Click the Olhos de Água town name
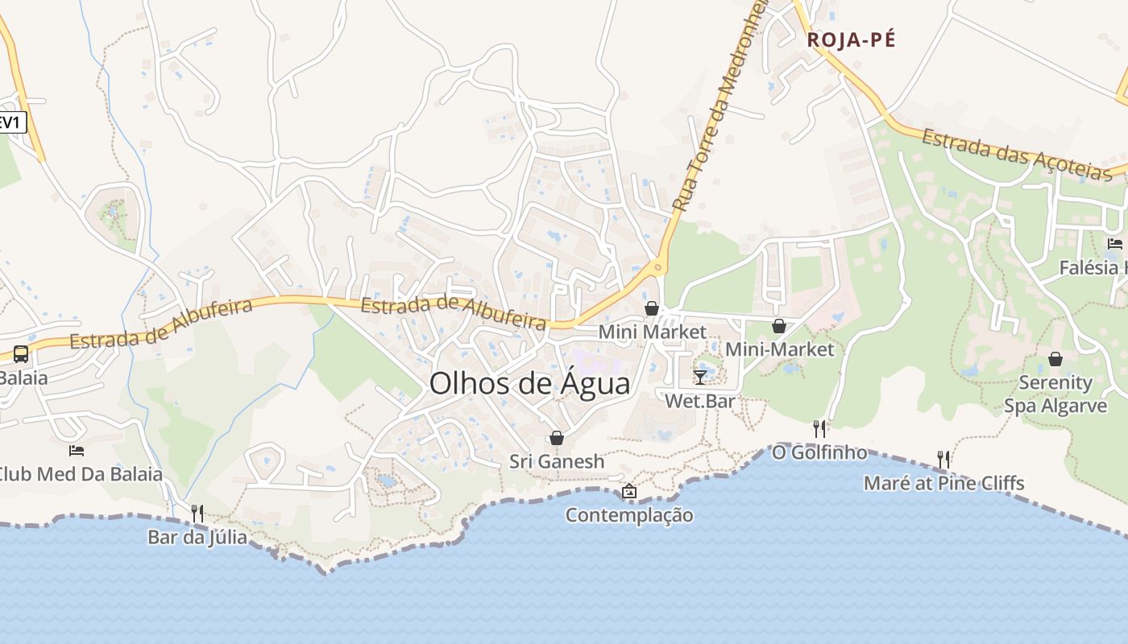tap(529, 383)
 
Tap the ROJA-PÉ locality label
tap(852, 39)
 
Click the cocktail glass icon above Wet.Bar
tap(699, 377)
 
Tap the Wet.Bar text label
tap(699, 400)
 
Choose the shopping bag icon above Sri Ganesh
tap(556, 438)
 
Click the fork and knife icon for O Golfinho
tap(819, 428)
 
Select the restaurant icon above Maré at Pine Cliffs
tap(943, 459)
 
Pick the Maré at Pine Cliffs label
tap(943, 483)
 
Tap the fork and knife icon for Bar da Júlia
tap(197, 513)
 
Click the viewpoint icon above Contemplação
tap(628, 491)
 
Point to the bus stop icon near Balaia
tap(21, 353)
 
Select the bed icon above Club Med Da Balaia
tap(77, 450)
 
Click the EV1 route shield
tap(11, 122)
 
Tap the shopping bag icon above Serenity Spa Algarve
tap(1055, 359)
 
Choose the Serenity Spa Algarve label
tap(1055, 394)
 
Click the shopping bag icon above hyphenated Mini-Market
tap(779, 326)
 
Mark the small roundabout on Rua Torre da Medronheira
tap(658, 267)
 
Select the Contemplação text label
tap(628, 515)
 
